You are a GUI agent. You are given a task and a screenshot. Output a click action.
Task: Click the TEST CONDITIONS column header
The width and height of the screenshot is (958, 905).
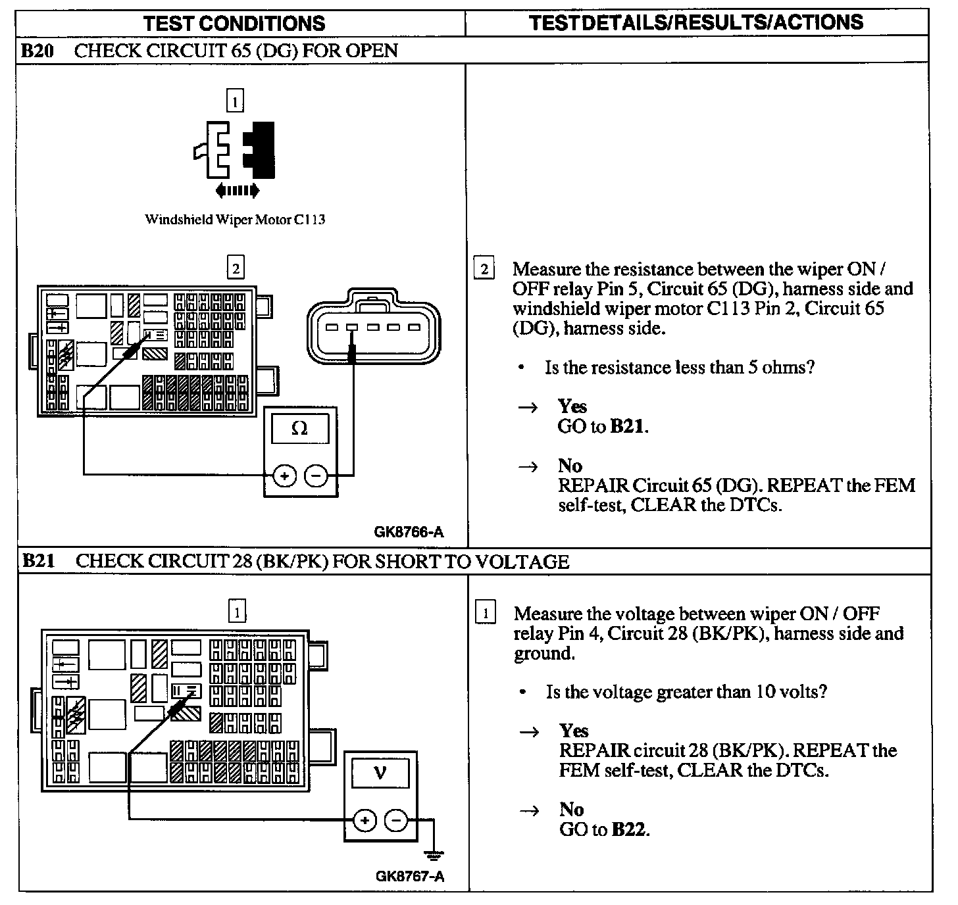[x=234, y=24]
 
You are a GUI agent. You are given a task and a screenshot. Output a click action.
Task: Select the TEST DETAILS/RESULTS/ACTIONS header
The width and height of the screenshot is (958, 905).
[x=696, y=22]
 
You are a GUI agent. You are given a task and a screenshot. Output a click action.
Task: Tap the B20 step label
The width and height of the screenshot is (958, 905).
[x=37, y=51]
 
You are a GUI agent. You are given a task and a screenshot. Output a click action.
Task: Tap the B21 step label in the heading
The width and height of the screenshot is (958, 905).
[x=38, y=560]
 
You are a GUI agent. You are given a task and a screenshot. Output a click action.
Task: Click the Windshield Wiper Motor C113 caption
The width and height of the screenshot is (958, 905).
[x=235, y=220]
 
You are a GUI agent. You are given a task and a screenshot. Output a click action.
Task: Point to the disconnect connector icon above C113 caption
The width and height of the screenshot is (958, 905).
[x=235, y=151]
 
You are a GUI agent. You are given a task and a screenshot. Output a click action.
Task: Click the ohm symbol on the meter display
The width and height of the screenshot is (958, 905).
[x=299, y=429]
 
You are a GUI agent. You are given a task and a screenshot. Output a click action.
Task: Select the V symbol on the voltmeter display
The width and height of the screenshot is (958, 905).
[x=380, y=773]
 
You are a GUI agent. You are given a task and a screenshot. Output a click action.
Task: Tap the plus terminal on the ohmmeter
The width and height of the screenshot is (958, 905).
[x=284, y=475]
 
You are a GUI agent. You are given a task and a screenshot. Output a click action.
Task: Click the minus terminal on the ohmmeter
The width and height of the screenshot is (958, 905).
[x=316, y=475]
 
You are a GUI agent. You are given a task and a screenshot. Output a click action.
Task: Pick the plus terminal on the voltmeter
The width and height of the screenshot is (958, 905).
[x=365, y=820]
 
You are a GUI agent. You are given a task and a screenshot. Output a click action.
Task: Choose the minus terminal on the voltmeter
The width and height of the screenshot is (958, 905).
[x=396, y=820]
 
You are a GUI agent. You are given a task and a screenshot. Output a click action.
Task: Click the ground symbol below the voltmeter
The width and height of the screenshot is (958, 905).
[x=434, y=855]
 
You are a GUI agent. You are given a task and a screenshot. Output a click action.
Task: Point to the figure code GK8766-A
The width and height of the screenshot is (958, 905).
[x=409, y=532]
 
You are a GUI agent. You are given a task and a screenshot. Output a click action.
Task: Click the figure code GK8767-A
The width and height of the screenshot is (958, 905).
[x=410, y=876]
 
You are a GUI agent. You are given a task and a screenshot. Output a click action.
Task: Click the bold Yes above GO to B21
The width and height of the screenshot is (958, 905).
[x=572, y=406]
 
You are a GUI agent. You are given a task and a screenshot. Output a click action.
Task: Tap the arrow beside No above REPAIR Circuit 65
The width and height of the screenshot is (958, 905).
[x=528, y=466]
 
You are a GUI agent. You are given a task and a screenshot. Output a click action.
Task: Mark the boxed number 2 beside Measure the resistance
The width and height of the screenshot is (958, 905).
[x=484, y=269]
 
